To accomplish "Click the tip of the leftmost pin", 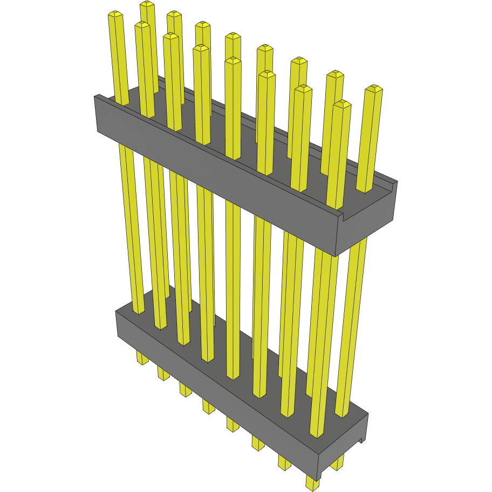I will (115, 15).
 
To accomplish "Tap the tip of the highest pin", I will (147, 4).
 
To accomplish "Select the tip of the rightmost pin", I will (374, 88).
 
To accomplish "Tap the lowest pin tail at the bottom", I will (312, 483).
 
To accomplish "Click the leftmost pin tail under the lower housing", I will (142, 357).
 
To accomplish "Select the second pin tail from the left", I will (163, 373).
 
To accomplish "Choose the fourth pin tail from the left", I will (208, 406).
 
